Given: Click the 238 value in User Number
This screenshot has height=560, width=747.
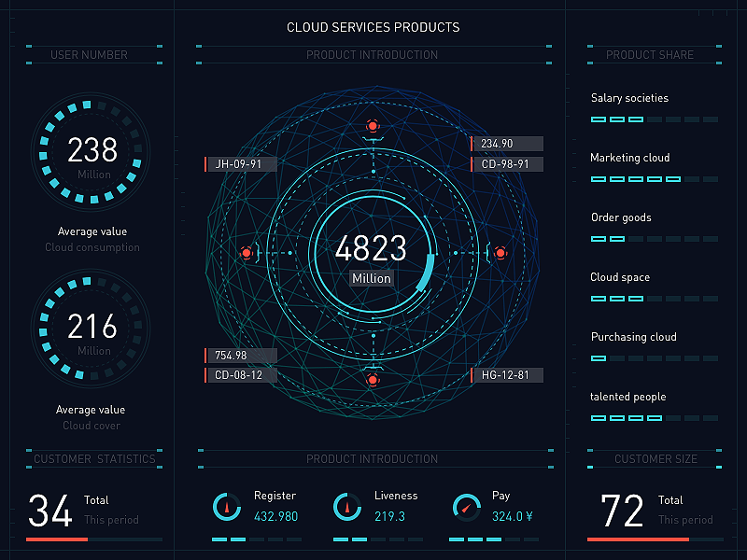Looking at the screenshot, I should point(92,149).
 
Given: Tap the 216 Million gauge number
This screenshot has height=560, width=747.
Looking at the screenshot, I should point(92,327).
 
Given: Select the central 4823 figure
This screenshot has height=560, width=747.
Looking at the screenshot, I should point(371,248).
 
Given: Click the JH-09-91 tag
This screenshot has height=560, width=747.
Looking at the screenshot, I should point(240,164).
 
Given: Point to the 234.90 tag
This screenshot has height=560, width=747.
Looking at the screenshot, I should point(507,144).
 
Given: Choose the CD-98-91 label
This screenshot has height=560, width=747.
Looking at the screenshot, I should point(507,164).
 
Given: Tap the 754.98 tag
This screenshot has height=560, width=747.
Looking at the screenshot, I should point(240,356).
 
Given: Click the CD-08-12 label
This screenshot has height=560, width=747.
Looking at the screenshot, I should point(240,375).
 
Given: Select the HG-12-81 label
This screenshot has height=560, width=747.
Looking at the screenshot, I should point(507,375).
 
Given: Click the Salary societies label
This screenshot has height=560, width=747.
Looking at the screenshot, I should point(629,98).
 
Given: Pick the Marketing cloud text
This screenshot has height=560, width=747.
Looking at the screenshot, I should point(629,158).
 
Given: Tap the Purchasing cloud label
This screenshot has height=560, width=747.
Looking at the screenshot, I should point(633,337).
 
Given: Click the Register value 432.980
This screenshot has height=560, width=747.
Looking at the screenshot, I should point(276,516).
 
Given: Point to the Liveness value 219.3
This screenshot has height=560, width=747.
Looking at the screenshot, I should point(389,516).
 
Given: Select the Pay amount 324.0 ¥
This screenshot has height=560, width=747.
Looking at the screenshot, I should point(512,516).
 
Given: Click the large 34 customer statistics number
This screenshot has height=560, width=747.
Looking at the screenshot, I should point(50,511).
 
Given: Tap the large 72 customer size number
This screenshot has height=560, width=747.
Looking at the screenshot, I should point(622,511).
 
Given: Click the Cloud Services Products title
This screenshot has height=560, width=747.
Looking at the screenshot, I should point(373,28).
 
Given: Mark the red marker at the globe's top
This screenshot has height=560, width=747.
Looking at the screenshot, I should point(373,125).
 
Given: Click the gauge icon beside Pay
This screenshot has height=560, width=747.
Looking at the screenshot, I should point(466,509).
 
